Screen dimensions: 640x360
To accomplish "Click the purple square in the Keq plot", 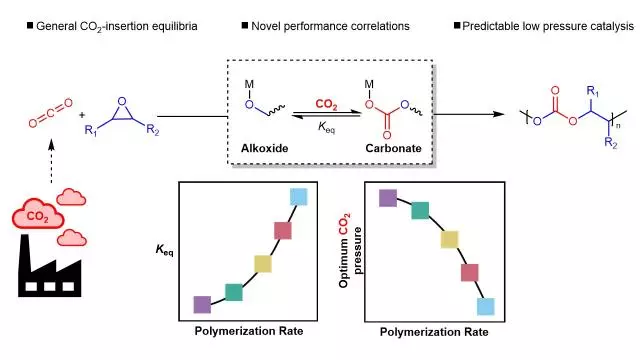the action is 202,305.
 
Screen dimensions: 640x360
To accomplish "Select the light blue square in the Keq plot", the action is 299,197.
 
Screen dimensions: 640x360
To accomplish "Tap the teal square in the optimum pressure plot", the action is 420,210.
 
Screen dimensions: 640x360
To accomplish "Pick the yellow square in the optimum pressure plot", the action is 449,240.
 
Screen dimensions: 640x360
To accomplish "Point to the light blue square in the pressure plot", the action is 486,307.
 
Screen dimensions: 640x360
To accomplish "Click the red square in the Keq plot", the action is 283,231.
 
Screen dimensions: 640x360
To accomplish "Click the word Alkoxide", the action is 264,148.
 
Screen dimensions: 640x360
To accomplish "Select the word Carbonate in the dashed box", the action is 393,148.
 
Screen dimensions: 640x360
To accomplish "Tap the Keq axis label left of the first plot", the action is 164,249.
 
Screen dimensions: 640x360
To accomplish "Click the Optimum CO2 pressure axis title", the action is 350,251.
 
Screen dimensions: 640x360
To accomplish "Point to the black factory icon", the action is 49,265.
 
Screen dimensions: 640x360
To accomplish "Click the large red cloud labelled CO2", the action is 38,213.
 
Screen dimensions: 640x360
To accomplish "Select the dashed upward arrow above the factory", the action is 51,162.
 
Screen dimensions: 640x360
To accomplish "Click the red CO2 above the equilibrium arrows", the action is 326,104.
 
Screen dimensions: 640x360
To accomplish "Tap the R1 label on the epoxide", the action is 91,131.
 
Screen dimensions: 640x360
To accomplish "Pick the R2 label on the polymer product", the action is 611,143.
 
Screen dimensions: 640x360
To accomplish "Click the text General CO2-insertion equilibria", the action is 117,27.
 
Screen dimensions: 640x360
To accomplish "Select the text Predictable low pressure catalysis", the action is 548,27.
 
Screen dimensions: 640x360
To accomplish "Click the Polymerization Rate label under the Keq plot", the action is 249,331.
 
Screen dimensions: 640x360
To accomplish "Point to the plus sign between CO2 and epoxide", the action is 82,115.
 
